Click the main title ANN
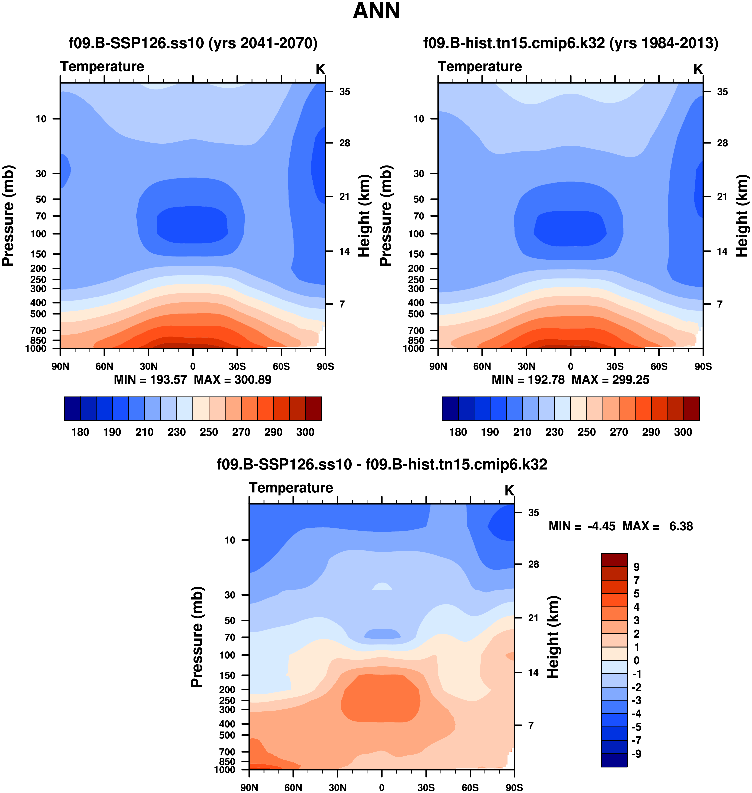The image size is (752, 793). pos(376,11)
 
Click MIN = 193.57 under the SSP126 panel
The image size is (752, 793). pos(150,380)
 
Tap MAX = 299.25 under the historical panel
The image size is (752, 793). pos(610,380)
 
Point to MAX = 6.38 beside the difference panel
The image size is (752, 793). pos(658,526)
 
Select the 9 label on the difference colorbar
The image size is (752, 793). pos(636,567)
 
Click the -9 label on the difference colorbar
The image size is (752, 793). pos(636,754)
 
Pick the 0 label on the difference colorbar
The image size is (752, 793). pos(636,660)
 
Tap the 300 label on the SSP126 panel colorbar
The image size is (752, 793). pos(305,432)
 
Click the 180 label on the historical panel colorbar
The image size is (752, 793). pos(458,432)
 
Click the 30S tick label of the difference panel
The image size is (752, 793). pos(426,787)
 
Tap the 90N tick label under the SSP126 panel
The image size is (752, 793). pos(60,366)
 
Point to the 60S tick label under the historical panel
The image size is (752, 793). pos(659,366)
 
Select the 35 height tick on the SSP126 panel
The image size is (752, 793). pos(345,92)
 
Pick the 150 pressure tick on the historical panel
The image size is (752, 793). pos(416,254)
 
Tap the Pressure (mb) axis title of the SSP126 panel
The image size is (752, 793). pos(8,216)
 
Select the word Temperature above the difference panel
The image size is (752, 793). pos(291,488)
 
